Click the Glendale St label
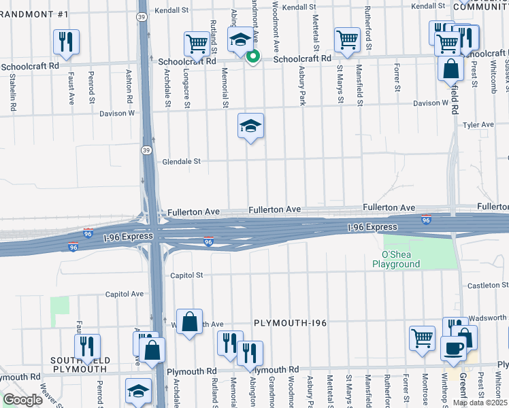coord(182,162)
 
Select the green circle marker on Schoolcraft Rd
coord(253,56)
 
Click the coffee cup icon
coord(453,347)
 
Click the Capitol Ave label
coord(124,294)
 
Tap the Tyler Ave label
coord(478,125)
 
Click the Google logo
coord(22,400)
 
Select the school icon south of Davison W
coord(250,125)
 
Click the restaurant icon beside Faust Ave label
coord(67,41)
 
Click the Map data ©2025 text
coord(480,403)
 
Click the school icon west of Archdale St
coord(138,390)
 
